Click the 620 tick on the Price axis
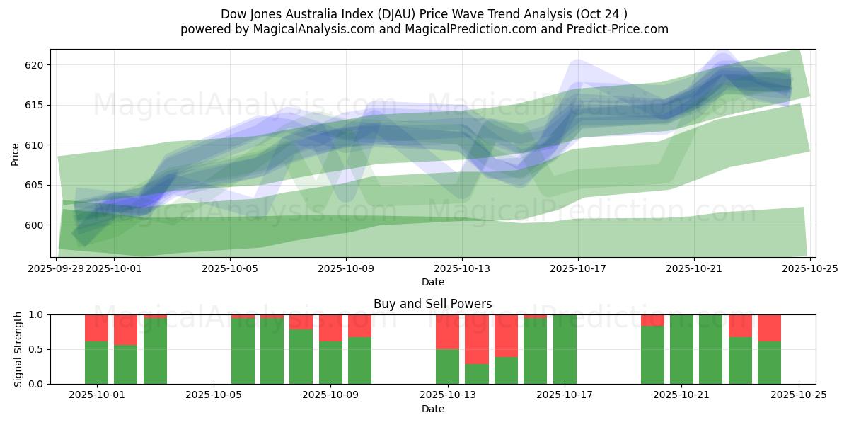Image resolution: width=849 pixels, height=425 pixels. point(35,65)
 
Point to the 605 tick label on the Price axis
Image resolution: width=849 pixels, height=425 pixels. point(35,186)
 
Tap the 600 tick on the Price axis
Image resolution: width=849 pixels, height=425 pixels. point(35,225)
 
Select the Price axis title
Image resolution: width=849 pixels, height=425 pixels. point(16,153)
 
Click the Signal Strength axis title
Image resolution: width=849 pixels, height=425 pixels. point(18,349)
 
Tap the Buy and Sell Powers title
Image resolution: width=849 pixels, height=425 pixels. point(432,304)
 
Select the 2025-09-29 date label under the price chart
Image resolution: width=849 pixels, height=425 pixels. point(57,268)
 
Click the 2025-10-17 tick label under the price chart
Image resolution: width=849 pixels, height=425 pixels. point(578,268)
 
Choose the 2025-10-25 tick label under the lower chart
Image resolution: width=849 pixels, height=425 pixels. point(799,395)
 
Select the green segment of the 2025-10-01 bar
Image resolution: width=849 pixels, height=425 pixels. point(96,363)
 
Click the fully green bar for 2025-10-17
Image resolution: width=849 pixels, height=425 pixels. point(565,349)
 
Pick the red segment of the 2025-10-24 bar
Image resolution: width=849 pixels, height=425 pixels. point(769,328)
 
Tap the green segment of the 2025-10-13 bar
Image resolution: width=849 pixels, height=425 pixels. point(447,367)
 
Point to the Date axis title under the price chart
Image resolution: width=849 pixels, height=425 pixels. point(432,282)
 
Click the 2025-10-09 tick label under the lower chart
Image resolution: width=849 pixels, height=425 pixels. point(330,395)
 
